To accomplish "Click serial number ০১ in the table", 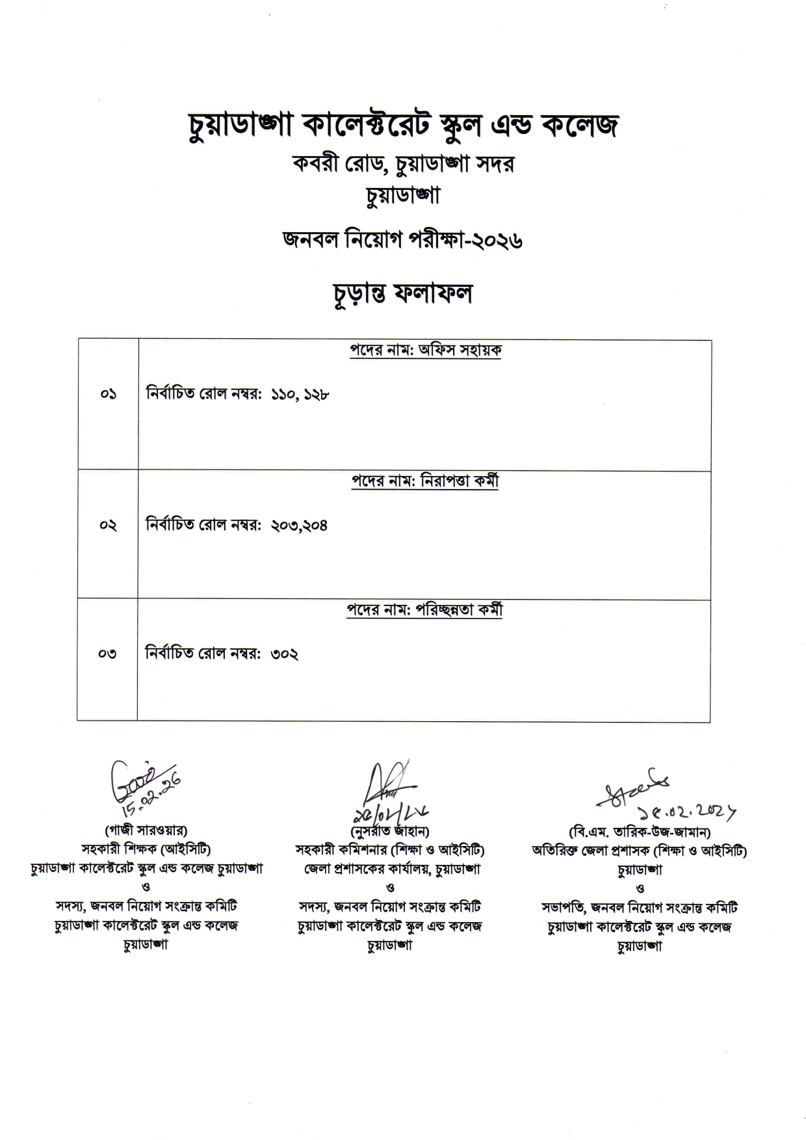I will (108, 394).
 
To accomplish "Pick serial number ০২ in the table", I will (108, 525).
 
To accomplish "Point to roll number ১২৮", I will (315, 394).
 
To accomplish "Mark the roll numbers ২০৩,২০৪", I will (299, 525).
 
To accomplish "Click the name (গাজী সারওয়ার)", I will (146, 830).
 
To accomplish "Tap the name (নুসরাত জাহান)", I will (389, 831).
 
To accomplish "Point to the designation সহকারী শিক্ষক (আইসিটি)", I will (146, 849).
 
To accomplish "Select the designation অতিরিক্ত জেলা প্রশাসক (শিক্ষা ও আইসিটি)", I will (640, 850).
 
